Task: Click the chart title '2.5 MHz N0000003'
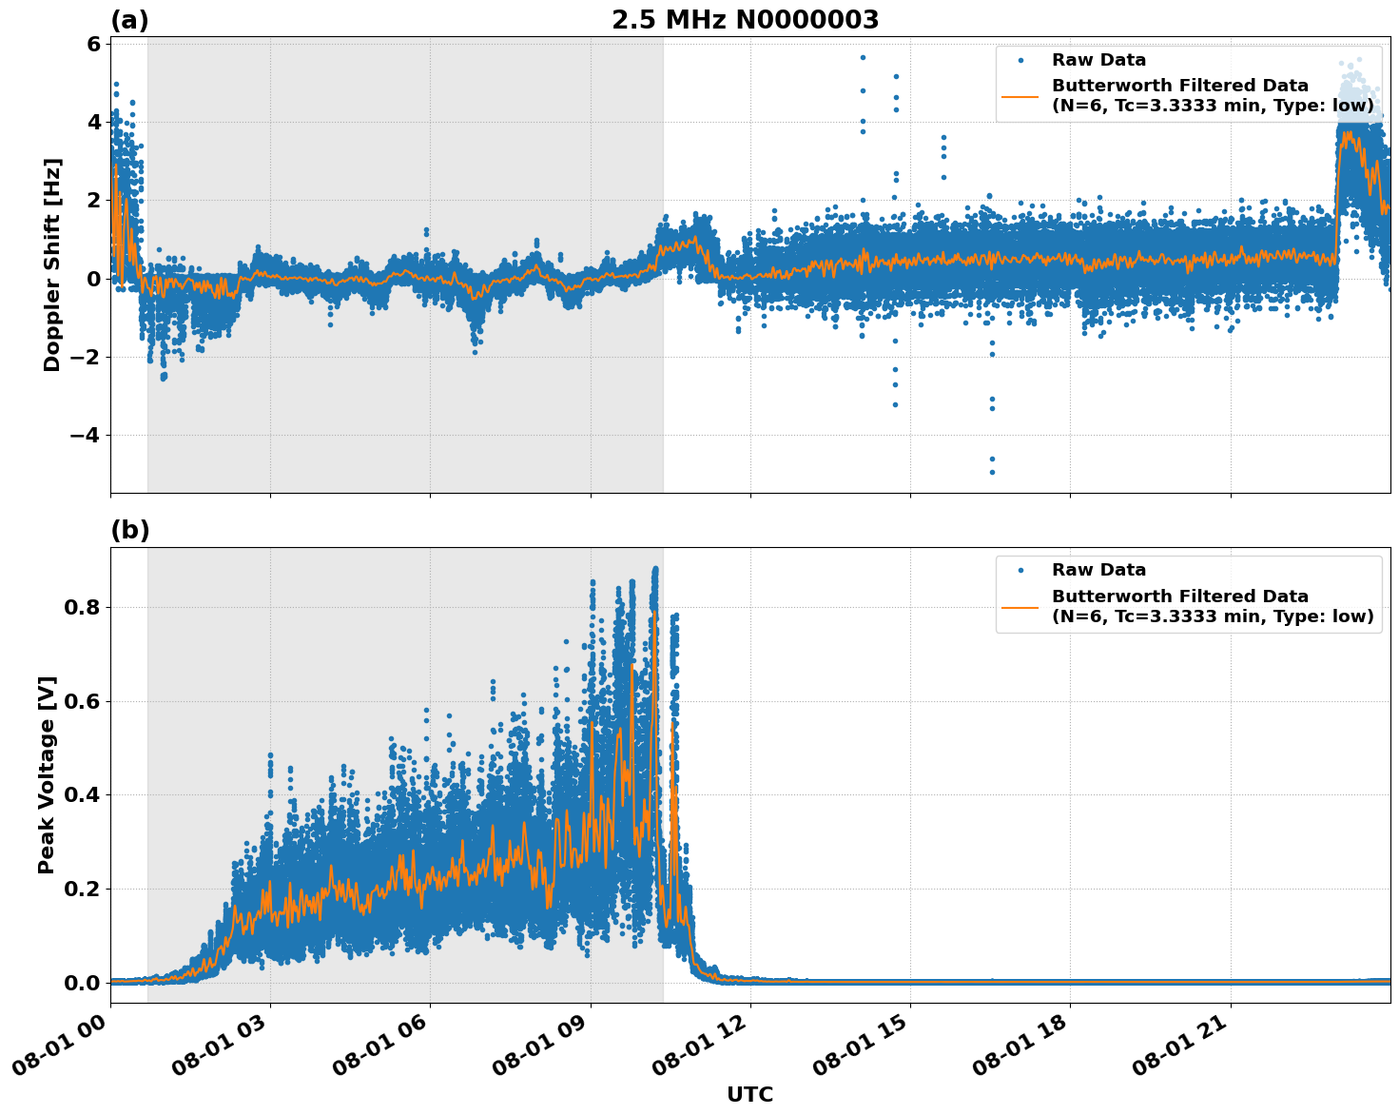[x=745, y=20]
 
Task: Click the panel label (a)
[x=129, y=20]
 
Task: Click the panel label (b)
[x=129, y=530]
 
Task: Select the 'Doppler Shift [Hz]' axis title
[x=52, y=264]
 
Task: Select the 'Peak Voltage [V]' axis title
[x=47, y=774]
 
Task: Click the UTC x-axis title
[x=749, y=1094]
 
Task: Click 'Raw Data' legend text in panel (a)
[x=1098, y=60]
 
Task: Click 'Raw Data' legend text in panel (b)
[x=1098, y=570]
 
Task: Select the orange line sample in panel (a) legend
[x=1020, y=96]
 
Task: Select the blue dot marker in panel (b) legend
[x=1020, y=571]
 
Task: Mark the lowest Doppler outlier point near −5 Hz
[x=992, y=472]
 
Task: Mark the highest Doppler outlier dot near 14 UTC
[x=863, y=57]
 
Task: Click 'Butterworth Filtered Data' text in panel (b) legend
[x=1179, y=597]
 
